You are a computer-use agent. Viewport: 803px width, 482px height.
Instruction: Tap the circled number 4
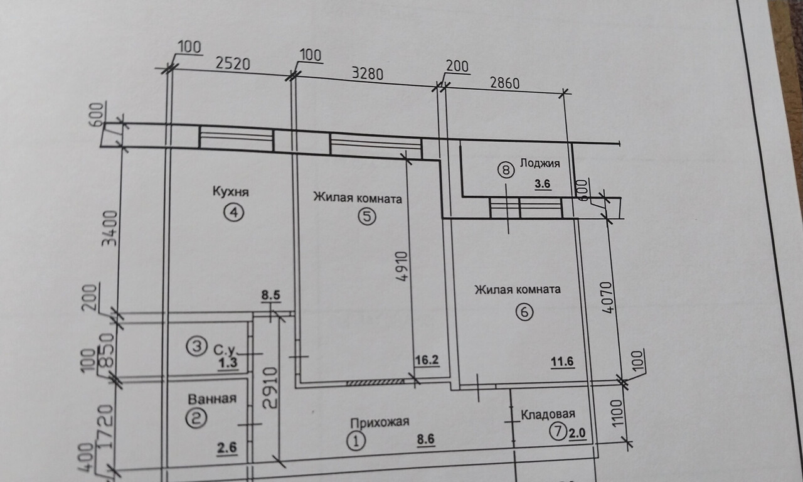point(233,213)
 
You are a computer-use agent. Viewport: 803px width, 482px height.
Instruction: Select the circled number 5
point(366,217)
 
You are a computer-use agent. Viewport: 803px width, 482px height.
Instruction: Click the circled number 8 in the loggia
point(506,169)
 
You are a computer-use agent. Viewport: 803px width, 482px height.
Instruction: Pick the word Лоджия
point(540,164)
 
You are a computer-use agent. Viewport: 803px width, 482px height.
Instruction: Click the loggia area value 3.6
point(542,185)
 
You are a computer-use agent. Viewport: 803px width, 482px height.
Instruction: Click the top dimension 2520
point(233,63)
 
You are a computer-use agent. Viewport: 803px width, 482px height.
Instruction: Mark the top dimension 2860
point(506,82)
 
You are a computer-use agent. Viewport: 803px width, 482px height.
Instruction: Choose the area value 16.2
point(426,360)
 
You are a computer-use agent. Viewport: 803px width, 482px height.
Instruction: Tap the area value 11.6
point(563,361)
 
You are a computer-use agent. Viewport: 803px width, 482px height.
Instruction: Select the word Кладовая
point(548,414)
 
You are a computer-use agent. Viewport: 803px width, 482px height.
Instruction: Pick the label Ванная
point(211,399)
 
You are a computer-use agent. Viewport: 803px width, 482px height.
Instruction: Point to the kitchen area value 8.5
point(271,293)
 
